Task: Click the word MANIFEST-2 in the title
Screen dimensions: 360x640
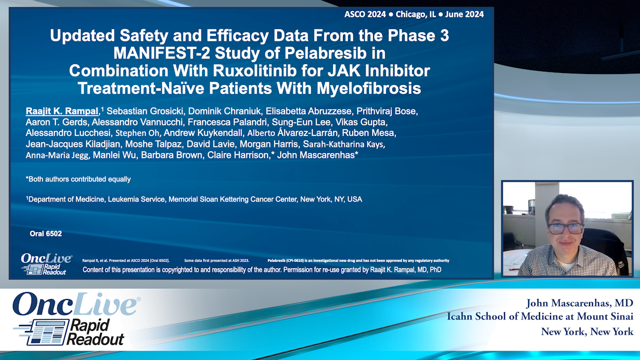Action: click(x=163, y=53)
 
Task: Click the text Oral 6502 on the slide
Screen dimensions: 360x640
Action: click(x=45, y=233)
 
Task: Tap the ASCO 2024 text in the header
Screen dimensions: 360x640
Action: click(x=365, y=14)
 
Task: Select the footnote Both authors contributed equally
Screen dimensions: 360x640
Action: click(x=78, y=179)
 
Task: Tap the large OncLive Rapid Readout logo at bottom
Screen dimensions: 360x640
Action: click(x=75, y=318)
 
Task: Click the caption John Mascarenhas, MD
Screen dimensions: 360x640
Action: click(x=579, y=303)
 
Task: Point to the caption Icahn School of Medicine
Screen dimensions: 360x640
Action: click(x=540, y=316)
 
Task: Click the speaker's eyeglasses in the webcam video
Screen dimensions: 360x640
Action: click(x=565, y=228)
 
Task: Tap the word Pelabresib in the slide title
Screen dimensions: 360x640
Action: click(x=332, y=53)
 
